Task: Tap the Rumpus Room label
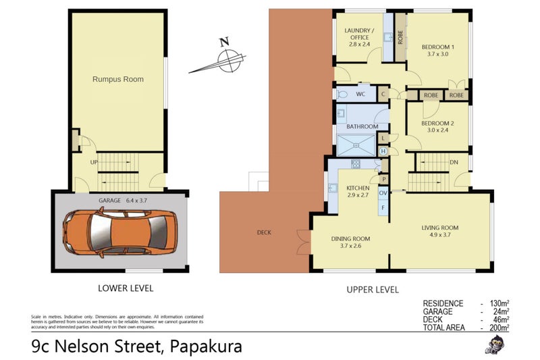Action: pyautogui.click(x=118, y=79)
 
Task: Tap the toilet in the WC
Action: pyautogui.click(x=343, y=95)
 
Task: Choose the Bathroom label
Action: pyautogui.click(x=362, y=126)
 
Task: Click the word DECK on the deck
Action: pyautogui.click(x=264, y=232)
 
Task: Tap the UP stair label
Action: pyautogui.click(x=95, y=162)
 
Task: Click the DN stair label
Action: pyautogui.click(x=454, y=162)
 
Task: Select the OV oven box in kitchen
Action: pyautogui.click(x=383, y=193)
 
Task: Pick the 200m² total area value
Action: pyautogui.click(x=499, y=328)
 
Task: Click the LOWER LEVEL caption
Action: pyautogui.click(x=126, y=288)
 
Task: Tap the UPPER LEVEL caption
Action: pyautogui.click(x=372, y=289)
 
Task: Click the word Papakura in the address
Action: pyautogui.click(x=206, y=347)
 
